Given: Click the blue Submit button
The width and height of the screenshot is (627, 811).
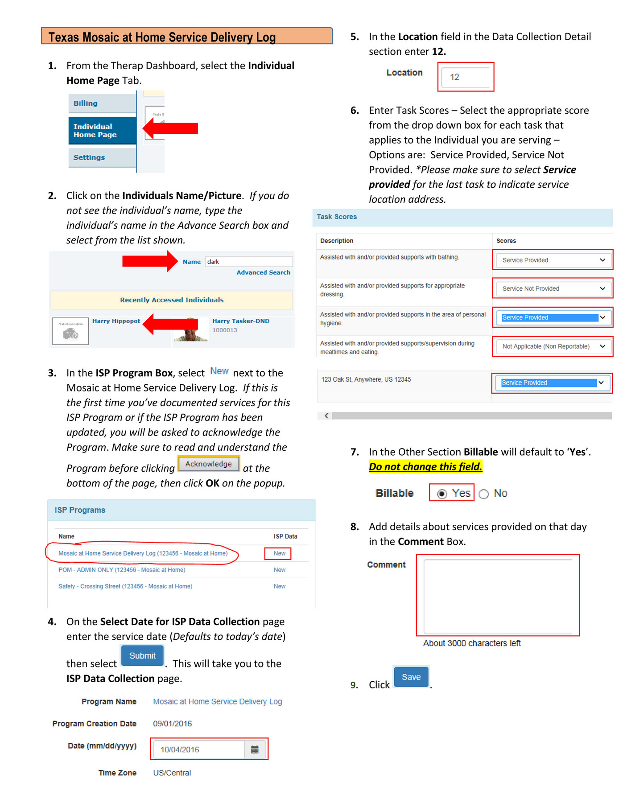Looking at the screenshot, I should coord(142,655).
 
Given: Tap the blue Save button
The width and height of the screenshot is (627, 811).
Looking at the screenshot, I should coord(411,677).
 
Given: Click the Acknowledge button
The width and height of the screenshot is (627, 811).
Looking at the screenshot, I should coord(208,464).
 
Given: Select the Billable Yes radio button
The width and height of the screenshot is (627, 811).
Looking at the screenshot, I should coord(442,494).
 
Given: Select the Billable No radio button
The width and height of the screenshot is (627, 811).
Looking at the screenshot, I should coord(484,494).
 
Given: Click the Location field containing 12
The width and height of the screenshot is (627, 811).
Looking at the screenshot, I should coord(466,77).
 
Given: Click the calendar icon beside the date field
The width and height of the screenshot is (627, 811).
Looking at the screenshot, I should coord(255,749).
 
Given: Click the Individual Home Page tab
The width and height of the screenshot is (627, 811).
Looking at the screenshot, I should coord(102,131).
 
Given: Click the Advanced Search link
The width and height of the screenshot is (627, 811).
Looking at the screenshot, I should coord(263,272).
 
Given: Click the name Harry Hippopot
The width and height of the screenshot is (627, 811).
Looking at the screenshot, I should coord(116,321).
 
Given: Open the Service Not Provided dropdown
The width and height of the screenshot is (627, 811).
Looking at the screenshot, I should coord(553,288).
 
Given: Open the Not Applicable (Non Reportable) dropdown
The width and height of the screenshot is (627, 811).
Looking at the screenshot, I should coord(553,346).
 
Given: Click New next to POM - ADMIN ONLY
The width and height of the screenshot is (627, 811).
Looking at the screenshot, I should coord(280,570).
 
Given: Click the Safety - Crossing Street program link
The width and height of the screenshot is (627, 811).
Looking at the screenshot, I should coord(125,586).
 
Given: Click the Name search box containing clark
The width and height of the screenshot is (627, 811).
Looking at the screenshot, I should coord(248,262).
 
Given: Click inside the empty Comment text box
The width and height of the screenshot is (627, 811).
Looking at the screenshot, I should coord(497,595).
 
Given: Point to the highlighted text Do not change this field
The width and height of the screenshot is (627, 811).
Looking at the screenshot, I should coord(425,467).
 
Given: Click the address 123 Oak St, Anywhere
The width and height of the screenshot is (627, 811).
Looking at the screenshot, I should coord(366,379).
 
